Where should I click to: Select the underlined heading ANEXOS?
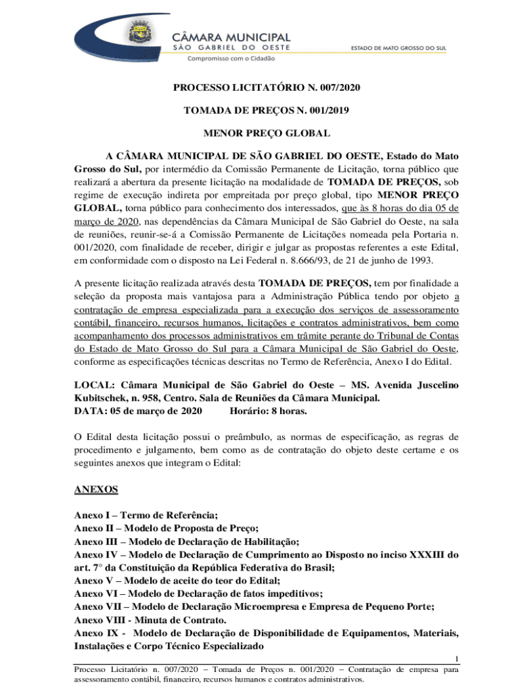[x=96, y=489]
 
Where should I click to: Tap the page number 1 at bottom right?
[x=457, y=659]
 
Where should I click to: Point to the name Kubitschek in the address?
[x=105, y=398]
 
